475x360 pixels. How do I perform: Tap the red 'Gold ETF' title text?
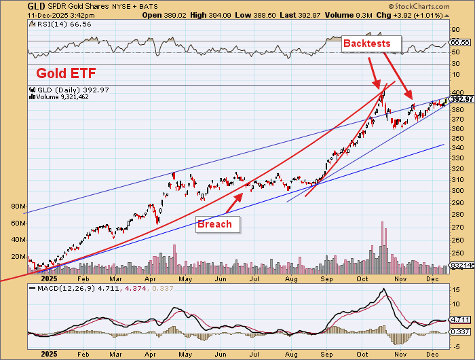[x=65, y=73]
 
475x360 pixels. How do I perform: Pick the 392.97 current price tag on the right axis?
[x=461, y=99]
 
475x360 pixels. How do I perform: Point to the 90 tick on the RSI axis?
[x=456, y=30]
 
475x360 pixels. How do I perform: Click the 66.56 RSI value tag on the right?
[x=461, y=42]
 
